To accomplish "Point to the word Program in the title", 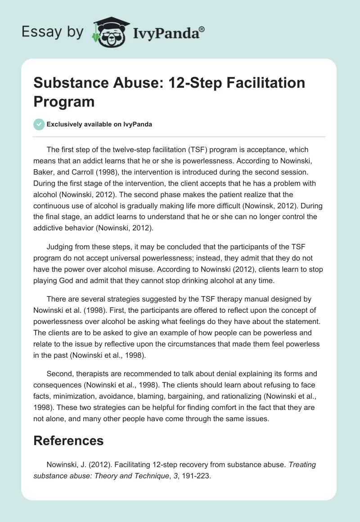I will click(64, 102).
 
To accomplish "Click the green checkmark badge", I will click(39, 124).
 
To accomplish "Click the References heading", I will click(68, 440).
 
